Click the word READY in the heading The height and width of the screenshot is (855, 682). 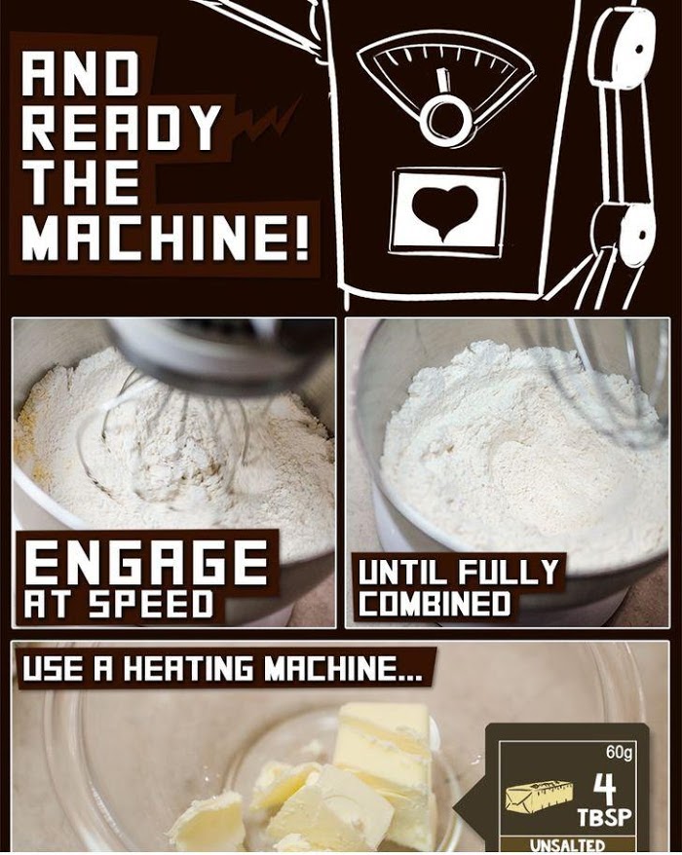(122, 129)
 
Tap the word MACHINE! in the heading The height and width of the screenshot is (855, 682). (166, 238)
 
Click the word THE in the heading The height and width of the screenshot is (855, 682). (81, 183)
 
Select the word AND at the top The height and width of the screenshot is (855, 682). (80, 74)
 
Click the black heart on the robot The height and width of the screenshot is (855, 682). (444, 211)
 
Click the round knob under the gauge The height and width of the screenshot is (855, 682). (445, 121)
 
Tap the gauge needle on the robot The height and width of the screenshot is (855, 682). (444, 82)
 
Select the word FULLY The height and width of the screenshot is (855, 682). (507, 572)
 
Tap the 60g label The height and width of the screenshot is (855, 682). (620, 752)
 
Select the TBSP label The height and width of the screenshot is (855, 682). (604, 817)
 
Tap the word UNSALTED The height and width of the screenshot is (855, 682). (567, 845)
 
